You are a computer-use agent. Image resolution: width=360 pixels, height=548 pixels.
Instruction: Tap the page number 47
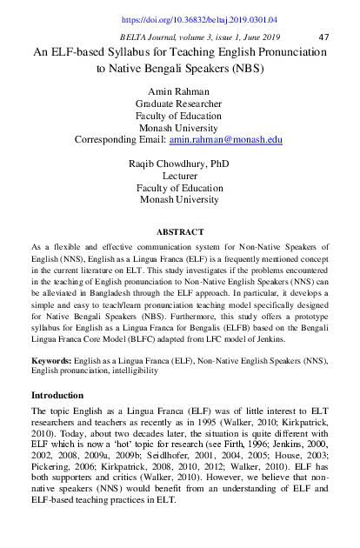324,37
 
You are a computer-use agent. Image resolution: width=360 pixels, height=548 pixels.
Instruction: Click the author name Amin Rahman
179,91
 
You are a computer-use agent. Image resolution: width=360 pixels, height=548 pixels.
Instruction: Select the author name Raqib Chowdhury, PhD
179,163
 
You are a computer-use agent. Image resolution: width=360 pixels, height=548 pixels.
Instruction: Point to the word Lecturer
179,175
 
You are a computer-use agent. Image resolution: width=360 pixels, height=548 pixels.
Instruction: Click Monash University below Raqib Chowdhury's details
179,199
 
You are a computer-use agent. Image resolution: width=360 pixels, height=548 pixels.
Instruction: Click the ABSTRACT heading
179,233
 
